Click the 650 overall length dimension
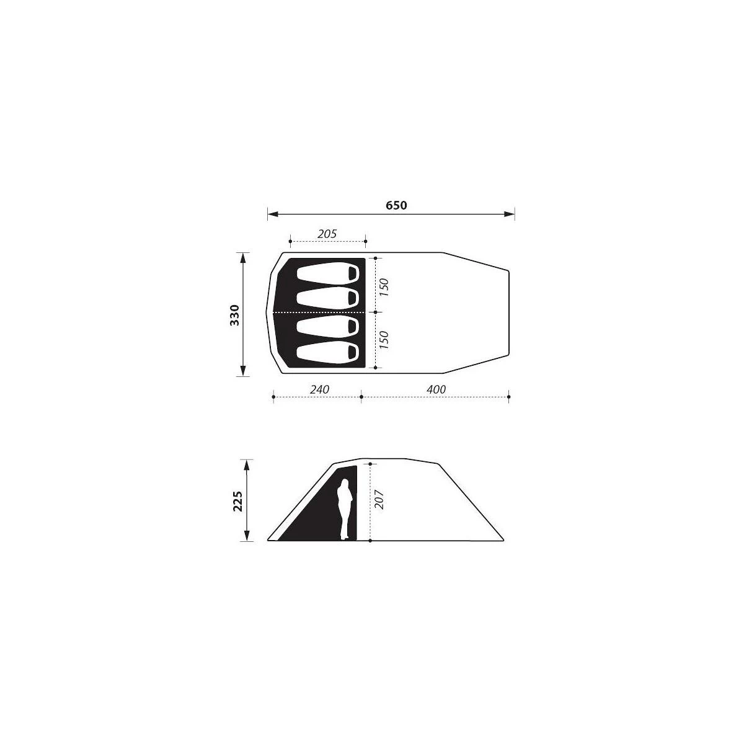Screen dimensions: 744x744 tap(396, 205)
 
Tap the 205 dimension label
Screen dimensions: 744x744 tap(327, 234)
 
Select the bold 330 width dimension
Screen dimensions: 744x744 tap(235, 315)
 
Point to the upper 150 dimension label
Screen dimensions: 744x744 tap(384, 287)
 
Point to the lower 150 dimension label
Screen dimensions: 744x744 tap(384, 340)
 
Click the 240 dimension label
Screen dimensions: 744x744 tap(320, 389)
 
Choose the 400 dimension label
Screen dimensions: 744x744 tap(436, 389)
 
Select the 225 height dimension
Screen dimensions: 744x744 tap(237, 501)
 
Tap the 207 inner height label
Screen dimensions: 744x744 tap(379, 499)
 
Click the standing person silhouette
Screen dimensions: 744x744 tap(343, 509)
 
